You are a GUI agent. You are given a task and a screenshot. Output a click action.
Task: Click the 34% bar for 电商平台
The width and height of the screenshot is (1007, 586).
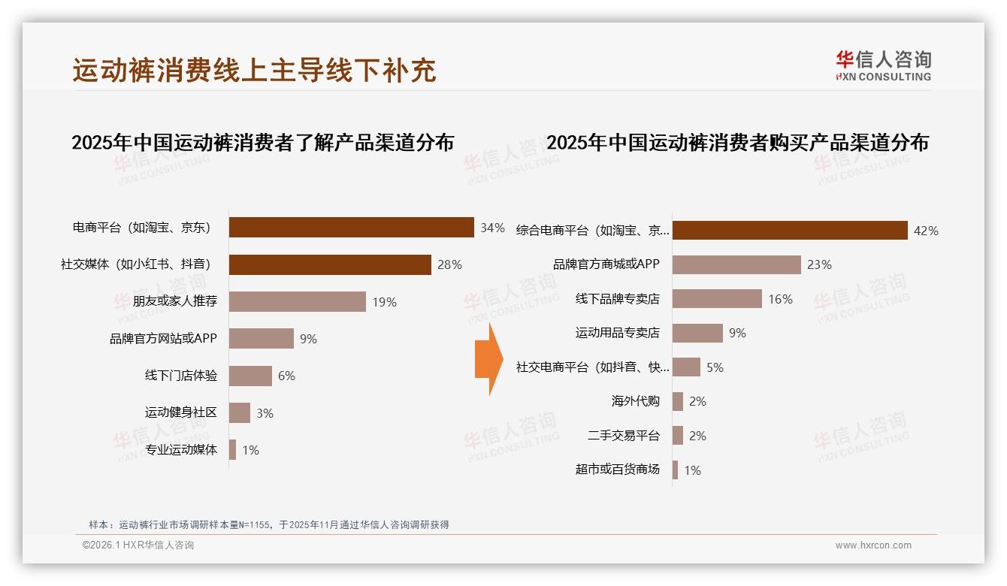click(x=351, y=227)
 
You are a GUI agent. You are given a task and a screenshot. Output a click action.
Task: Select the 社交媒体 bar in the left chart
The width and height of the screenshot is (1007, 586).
click(x=330, y=264)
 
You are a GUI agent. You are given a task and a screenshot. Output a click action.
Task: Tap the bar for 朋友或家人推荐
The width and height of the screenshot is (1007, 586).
click(x=297, y=301)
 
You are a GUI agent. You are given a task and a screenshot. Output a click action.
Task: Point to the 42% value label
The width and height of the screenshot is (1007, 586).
click(x=926, y=231)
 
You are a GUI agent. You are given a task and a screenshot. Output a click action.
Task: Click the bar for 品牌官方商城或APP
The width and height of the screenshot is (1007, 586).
click(x=736, y=264)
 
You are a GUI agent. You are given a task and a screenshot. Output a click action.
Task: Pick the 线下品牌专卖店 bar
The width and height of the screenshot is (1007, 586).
click(x=717, y=299)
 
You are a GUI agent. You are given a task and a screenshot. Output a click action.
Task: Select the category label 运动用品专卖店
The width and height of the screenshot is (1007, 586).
click(x=617, y=333)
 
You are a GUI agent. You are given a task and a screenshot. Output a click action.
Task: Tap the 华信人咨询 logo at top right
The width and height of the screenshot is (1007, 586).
click(x=883, y=65)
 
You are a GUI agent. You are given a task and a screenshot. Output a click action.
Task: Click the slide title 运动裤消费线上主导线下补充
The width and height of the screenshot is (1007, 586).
click(x=254, y=71)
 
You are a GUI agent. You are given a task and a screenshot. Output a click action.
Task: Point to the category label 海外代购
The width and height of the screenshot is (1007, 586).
click(x=635, y=401)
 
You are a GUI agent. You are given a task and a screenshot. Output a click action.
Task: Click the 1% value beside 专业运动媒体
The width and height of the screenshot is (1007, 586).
click(x=250, y=450)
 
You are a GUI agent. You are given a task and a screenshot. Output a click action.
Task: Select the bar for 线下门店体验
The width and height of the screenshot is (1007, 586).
click(x=250, y=376)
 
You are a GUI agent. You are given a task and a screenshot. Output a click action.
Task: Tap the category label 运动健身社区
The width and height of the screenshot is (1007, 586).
click(x=180, y=412)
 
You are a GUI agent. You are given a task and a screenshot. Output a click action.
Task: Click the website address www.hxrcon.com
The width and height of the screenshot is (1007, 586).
click(x=873, y=545)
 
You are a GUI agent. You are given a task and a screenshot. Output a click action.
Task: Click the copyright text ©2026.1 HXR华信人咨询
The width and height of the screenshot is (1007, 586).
click(x=138, y=545)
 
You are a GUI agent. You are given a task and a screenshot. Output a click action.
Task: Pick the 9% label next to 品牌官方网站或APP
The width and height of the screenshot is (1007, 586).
click(x=308, y=339)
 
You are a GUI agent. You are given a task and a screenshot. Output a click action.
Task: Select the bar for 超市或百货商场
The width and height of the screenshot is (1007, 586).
click(x=675, y=470)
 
